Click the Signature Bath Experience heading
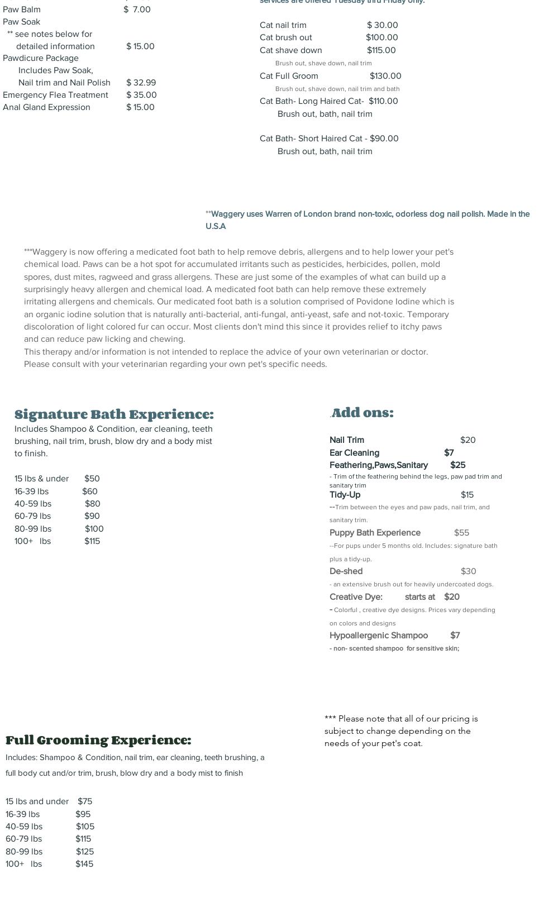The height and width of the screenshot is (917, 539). tap(114, 414)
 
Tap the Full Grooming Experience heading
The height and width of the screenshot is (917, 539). tap(98, 741)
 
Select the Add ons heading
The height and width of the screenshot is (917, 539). tap(362, 413)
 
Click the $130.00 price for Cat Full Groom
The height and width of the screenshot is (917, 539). tap(385, 76)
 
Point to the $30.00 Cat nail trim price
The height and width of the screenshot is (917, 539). tap(383, 25)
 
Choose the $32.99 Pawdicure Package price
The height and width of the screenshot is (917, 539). tap(141, 83)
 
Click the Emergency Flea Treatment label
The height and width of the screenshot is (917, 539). tap(55, 95)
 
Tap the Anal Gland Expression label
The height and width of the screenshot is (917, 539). tap(46, 107)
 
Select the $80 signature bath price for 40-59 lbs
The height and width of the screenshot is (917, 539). tap(92, 504)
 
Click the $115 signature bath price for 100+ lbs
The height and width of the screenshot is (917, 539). tap(92, 541)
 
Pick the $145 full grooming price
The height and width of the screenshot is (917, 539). tap(84, 864)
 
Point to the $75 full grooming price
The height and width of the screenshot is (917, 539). tap(85, 801)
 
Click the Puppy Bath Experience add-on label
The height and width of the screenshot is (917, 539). tap(375, 533)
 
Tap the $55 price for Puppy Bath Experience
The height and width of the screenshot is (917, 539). tap(461, 533)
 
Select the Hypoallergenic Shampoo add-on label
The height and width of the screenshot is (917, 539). tap(379, 636)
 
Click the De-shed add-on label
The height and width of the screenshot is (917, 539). tap(346, 571)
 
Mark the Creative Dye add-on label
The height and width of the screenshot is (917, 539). tap(356, 597)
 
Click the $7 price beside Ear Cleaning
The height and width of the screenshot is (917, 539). tap(449, 453)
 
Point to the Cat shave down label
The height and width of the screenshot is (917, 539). tap(290, 50)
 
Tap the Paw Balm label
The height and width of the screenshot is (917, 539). tap(22, 9)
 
